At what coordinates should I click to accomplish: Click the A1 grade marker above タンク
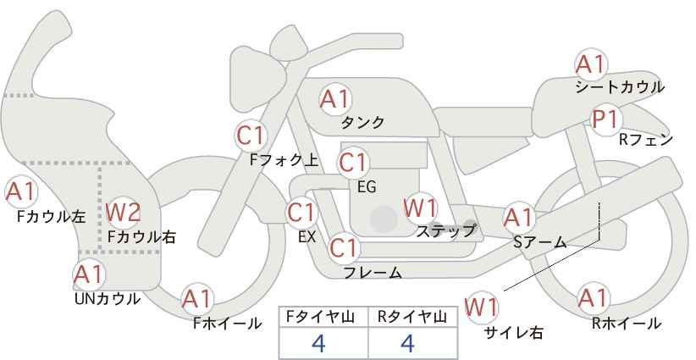334,99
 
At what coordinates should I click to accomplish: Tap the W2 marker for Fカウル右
123,212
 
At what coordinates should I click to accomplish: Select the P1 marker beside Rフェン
605,119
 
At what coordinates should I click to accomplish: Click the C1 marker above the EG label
353,163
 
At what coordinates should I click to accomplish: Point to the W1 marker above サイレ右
481,307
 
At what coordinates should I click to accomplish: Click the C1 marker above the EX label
301,213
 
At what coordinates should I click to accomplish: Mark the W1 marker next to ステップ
420,208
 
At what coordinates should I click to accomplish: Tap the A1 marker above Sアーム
518,218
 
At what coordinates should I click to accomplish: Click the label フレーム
373,273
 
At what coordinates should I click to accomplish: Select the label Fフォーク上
284,160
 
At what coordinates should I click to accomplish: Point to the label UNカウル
107,299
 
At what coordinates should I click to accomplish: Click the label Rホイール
627,324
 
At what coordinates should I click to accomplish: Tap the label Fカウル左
51,217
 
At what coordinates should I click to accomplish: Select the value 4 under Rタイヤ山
407,343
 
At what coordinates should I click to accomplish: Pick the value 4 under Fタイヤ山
318,343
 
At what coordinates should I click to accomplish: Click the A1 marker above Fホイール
196,299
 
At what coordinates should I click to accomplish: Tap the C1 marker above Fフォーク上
251,136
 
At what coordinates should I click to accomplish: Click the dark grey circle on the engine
384,219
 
